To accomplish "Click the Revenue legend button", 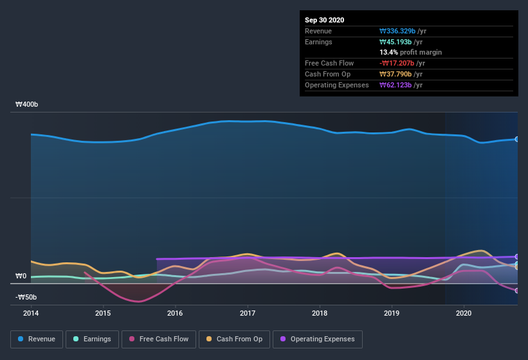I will click(x=37, y=339).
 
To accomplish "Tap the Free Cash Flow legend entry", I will click(x=159, y=339).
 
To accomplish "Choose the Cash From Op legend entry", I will click(x=234, y=339).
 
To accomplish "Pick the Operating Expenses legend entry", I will click(x=317, y=339).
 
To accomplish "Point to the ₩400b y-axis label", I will click(x=26, y=104).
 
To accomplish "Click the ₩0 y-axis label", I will click(x=21, y=276).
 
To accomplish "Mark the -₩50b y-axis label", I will click(x=26, y=297).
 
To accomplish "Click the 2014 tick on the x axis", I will click(x=31, y=313).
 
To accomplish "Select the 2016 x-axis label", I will click(x=175, y=313).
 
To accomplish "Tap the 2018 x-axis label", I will click(x=320, y=313).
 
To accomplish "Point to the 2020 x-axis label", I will click(x=464, y=313).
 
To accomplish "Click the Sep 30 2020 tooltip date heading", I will click(x=325, y=20).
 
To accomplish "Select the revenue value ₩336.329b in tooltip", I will click(x=397, y=30).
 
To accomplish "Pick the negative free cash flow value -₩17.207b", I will click(x=397, y=63).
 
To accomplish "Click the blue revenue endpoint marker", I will click(x=517, y=139).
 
